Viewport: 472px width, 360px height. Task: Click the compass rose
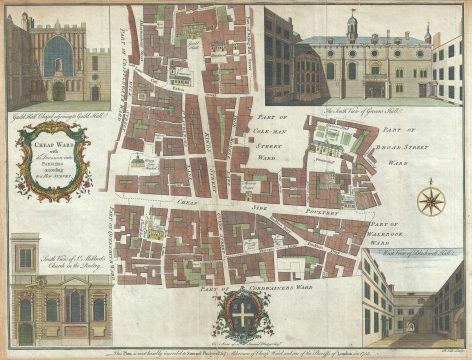point(431,198)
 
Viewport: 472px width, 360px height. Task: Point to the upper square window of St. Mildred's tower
point(25,258)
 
